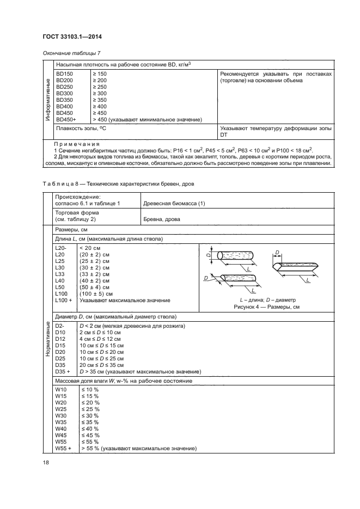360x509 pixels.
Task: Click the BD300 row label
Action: [x=64, y=93]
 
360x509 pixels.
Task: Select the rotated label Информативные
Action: [x=47, y=101]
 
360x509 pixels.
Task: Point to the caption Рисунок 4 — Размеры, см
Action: [x=266, y=307]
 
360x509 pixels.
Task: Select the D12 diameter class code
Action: [x=60, y=339]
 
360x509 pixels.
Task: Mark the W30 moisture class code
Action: [x=60, y=415]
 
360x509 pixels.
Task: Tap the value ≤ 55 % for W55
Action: [x=89, y=442]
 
